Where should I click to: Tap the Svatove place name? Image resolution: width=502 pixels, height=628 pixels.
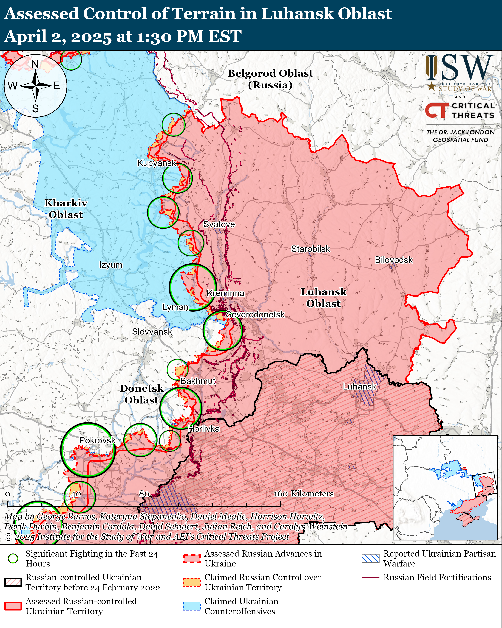click(x=219, y=224)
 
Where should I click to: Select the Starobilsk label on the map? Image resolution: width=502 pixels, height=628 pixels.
click(x=311, y=249)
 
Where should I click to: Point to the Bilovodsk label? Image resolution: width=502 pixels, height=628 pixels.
click(x=393, y=260)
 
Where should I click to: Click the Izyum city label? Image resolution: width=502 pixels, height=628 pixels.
click(x=111, y=265)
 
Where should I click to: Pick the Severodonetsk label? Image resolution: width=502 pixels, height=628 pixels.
click(x=255, y=315)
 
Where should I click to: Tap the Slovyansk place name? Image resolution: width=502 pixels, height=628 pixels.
click(x=152, y=332)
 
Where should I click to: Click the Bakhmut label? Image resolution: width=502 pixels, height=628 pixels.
click(x=198, y=381)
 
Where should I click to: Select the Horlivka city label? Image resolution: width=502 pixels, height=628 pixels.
click(x=204, y=429)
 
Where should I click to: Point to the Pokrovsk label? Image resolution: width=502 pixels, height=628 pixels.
click(x=97, y=440)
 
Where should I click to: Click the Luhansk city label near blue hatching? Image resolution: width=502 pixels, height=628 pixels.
click(x=359, y=387)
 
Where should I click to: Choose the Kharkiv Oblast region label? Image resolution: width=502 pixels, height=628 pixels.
click(x=66, y=209)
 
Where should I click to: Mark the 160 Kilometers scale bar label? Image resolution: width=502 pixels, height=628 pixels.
click(x=304, y=494)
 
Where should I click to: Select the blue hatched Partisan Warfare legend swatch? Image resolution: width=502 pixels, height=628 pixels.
click(x=370, y=558)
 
